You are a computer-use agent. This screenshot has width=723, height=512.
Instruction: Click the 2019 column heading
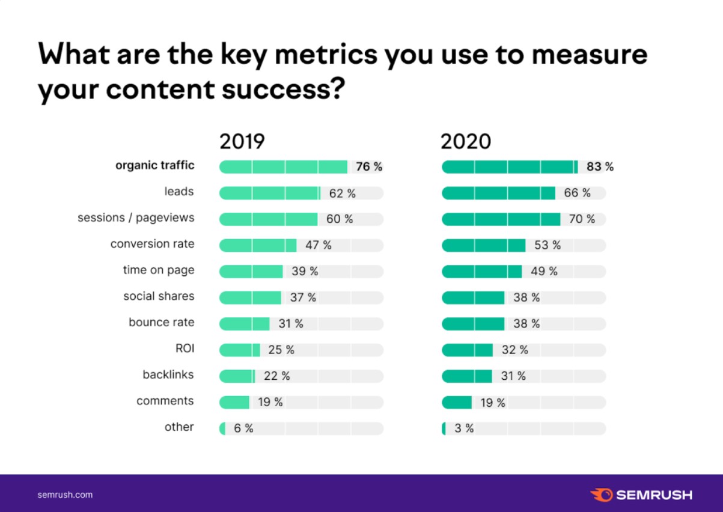coord(242,142)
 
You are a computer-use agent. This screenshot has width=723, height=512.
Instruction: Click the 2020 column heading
coord(466,142)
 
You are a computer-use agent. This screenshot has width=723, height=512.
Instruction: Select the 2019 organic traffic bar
coord(283,166)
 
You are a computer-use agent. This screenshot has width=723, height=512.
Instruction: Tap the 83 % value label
coord(600,166)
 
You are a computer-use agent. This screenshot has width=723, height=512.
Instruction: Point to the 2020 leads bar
coord(498,193)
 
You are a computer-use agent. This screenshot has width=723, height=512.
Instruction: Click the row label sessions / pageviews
coord(136,218)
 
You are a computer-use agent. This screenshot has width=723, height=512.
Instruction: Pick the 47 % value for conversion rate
coord(319,245)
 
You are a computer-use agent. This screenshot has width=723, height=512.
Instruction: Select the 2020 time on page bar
coord(481,272)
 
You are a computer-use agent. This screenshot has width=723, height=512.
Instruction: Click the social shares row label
coord(159,296)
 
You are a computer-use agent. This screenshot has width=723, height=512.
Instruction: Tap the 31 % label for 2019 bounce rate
coord(290,324)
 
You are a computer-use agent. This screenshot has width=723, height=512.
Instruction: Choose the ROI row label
coord(185,349)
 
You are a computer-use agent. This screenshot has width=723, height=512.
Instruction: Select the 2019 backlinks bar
coord(237,376)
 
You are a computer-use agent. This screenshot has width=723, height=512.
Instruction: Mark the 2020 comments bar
coord(457,403)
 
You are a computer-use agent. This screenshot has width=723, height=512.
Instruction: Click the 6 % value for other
coord(243,428)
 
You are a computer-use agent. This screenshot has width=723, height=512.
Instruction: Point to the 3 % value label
coord(464,428)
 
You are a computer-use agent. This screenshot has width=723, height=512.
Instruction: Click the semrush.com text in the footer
coord(65,495)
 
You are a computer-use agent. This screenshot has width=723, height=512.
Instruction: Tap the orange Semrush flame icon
coord(601,495)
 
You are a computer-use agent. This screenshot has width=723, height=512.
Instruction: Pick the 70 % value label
coord(582,219)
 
